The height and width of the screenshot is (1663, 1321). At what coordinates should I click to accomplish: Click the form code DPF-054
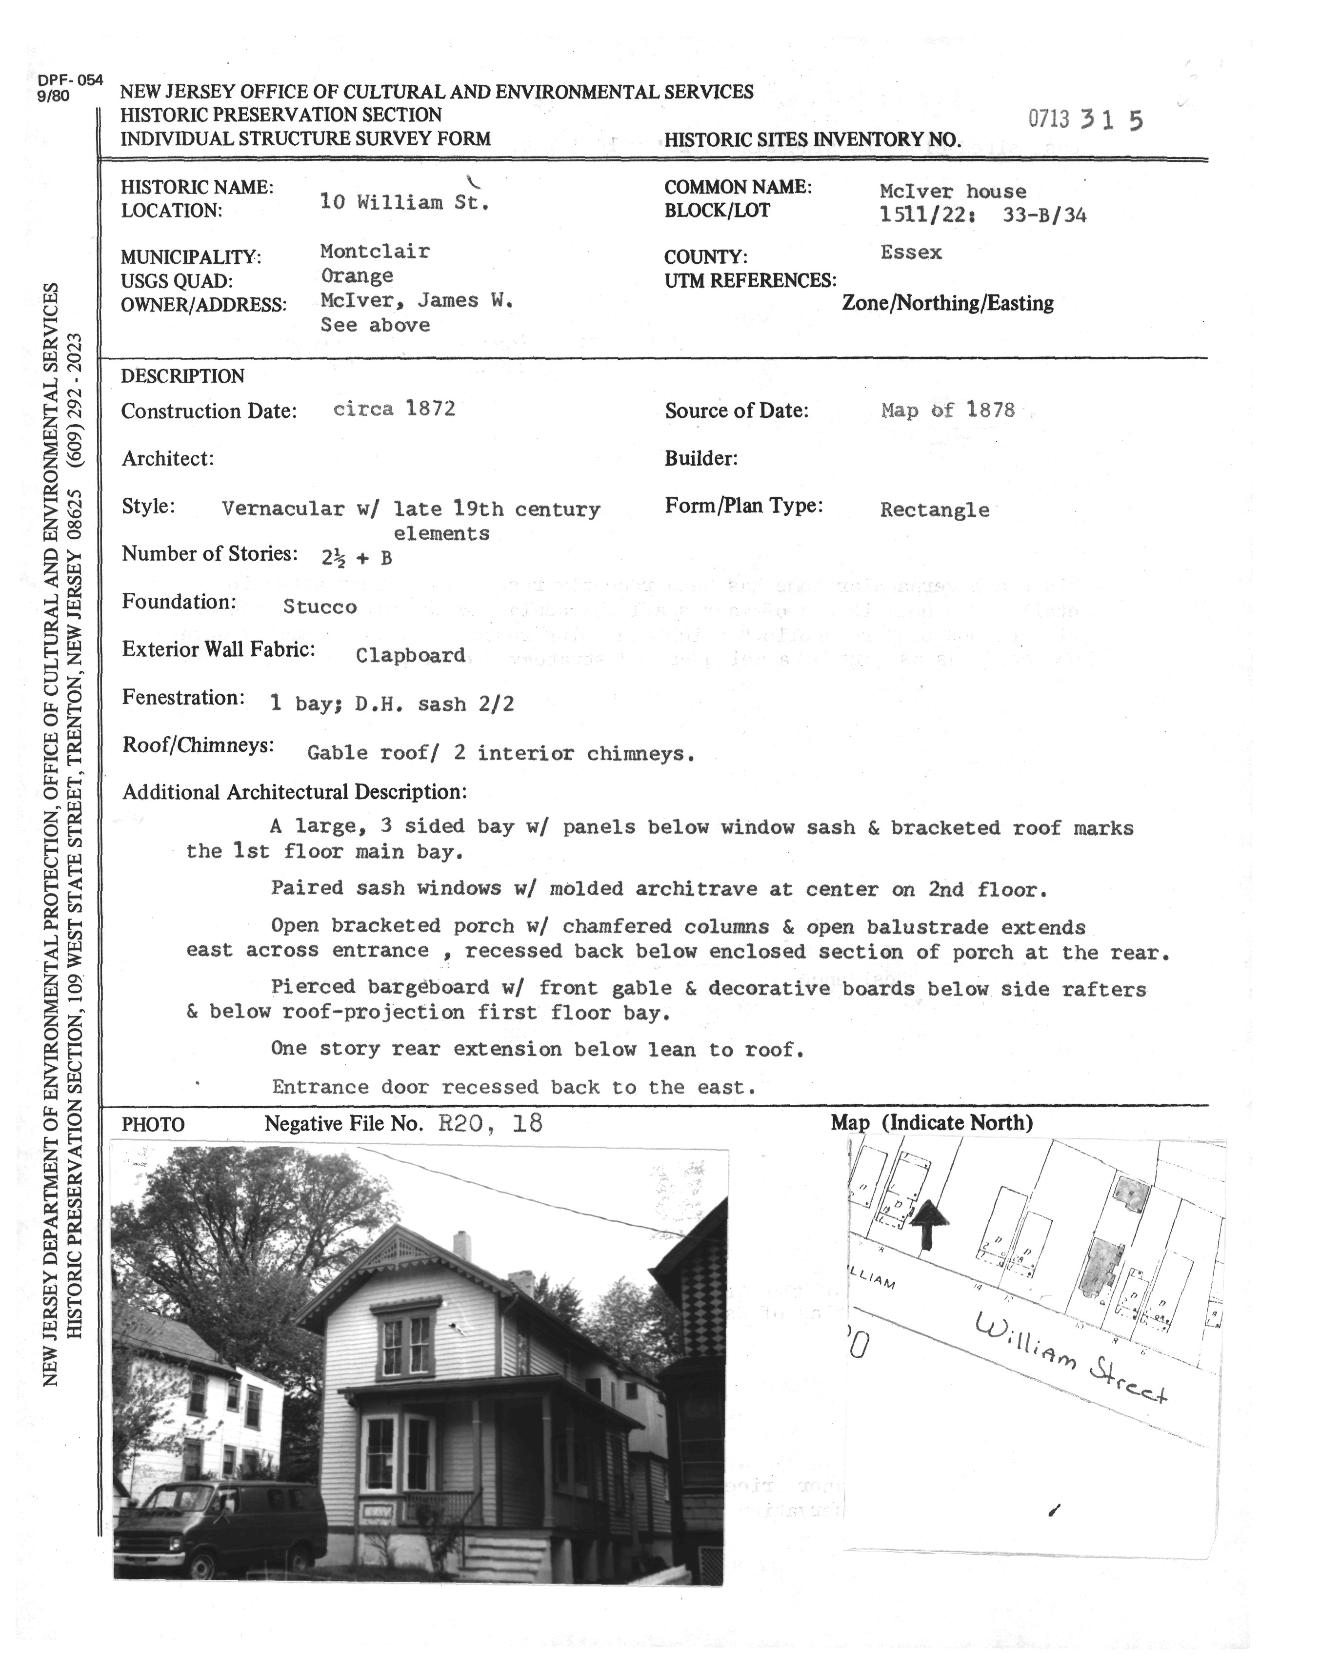click(x=69, y=79)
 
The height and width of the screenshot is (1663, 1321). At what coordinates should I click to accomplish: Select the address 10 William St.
click(x=404, y=203)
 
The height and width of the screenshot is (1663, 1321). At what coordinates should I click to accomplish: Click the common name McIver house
click(x=953, y=191)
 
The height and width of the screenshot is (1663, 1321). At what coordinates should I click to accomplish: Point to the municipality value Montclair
click(x=375, y=252)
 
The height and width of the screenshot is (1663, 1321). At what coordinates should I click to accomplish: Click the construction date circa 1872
click(x=394, y=409)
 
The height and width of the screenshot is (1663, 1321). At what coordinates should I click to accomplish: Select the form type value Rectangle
click(x=935, y=510)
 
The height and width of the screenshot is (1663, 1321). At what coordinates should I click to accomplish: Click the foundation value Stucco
click(x=320, y=607)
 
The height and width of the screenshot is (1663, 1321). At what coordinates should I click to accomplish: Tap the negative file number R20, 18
click(x=490, y=1123)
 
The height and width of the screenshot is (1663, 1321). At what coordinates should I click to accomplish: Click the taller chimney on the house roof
click(x=461, y=1246)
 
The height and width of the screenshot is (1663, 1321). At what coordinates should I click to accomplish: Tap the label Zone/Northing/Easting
click(x=947, y=303)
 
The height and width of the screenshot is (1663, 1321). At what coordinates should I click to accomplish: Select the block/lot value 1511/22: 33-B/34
click(x=982, y=215)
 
